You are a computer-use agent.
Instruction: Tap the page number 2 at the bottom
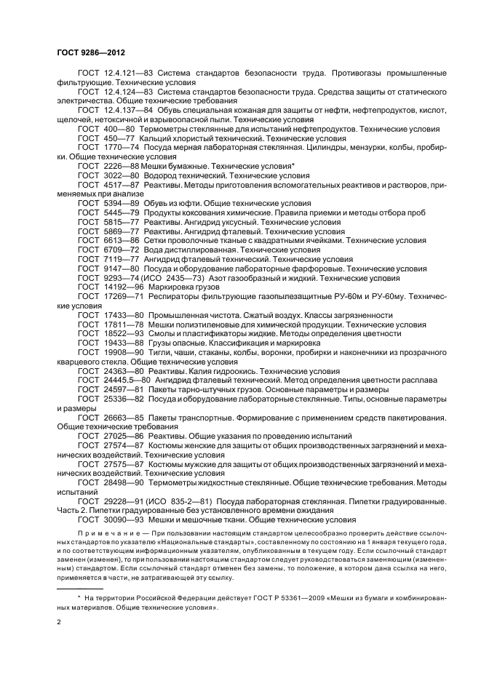click(x=59, y=622)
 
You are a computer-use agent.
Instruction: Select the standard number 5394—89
click(x=119, y=203)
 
